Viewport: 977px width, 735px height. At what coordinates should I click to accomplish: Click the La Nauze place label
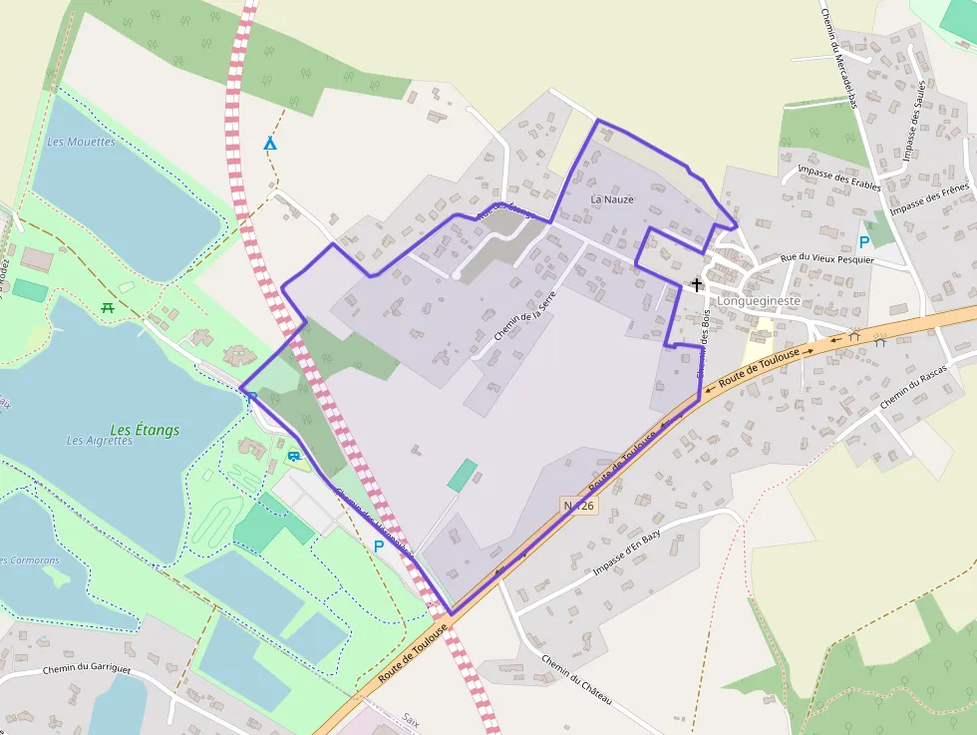click(612, 199)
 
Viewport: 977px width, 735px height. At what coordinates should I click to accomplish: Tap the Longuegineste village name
click(759, 300)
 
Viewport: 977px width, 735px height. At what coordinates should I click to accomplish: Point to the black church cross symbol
click(697, 284)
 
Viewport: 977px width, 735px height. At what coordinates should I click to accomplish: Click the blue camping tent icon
click(269, 145)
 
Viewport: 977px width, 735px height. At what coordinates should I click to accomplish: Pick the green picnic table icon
click(108, 306)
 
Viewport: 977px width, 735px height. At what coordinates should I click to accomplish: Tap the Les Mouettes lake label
click(82, 142)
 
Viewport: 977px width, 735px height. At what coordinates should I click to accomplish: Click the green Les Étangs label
click(145, 430)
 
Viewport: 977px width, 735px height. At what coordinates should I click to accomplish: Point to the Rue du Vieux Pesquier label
click(826, 259)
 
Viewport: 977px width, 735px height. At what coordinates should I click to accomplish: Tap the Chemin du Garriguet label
click(87, 669)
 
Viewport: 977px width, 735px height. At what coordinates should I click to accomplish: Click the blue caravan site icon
click(294, 456)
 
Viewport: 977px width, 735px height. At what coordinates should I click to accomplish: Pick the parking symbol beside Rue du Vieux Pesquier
click(864, 241)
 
